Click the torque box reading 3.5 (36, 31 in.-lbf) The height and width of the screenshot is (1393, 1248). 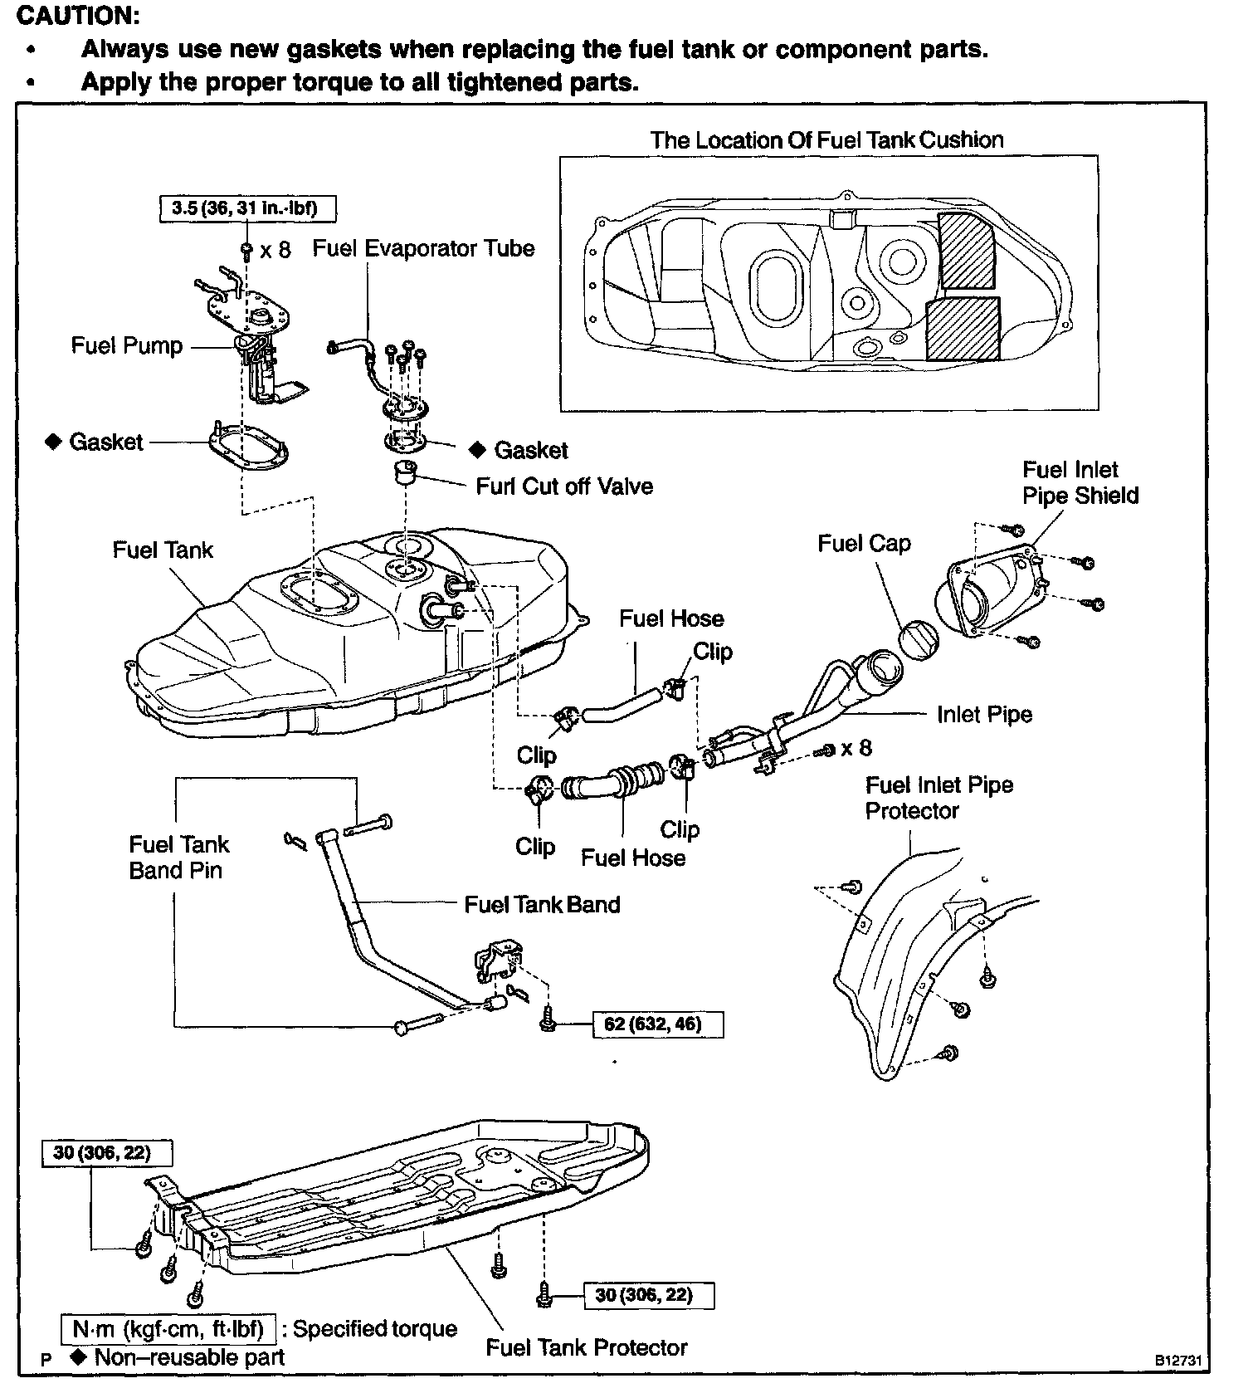[x=247, y=208]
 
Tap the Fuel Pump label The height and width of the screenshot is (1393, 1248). [x=127, y=345]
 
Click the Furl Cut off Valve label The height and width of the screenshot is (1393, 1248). [x=564, y=486]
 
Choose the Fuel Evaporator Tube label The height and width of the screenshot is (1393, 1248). [x=423, y=248]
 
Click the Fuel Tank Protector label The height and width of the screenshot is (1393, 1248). [x=587, y=1347]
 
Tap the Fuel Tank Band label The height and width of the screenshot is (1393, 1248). [x=542, y=904]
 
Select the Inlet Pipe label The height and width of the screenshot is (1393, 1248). [x=984, y=715]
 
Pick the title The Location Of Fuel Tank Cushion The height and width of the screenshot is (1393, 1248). [x=826, y=139]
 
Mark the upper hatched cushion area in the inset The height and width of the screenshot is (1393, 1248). [x=968, y=250]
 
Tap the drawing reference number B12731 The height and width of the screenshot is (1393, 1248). [x=1176, y=1361]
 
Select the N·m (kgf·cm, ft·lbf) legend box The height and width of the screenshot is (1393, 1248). [x=168, y=1329]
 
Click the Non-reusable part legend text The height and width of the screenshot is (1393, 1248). [x=189, y=1357]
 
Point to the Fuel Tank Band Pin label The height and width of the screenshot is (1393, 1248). [x=178, y=858]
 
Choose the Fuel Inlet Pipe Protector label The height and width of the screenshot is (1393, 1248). [x=938, y=798]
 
